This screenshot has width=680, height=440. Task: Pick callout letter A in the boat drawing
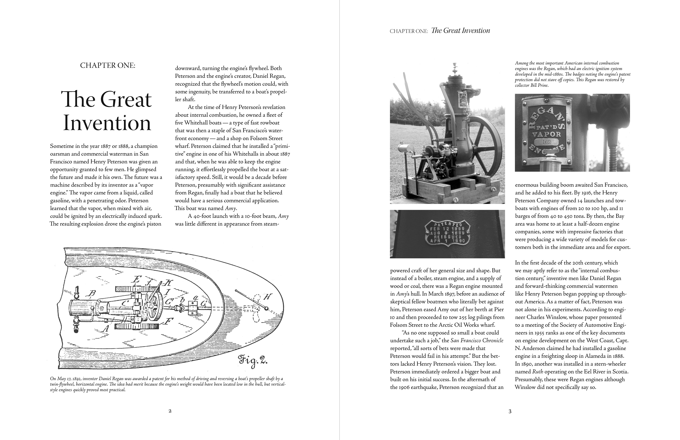pyautogui.click(x=106, y=329)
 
